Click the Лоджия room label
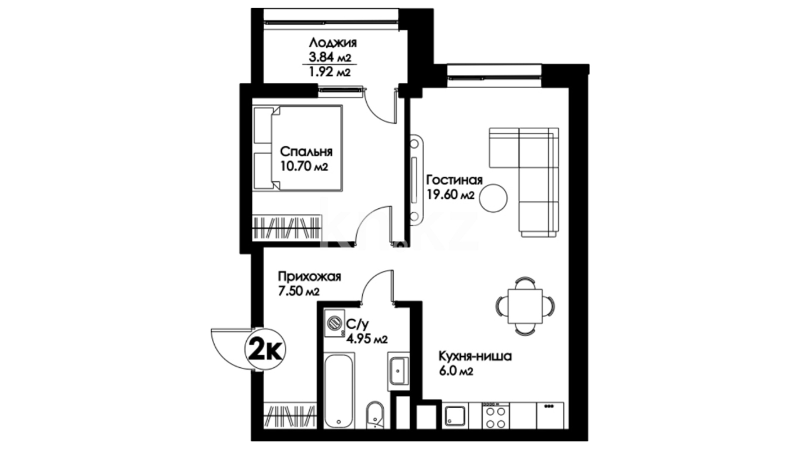click(x=333, y=43)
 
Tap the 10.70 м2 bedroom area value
click(x=304, y=167)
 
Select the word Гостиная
click(x=454, y=180)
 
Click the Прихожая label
click(x=310, y=277)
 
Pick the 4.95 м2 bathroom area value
click(x=367, y=339)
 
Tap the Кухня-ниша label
click(x=475, y=356)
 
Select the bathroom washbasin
click(x=399, y=372)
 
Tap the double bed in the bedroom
click(x=298, y=148)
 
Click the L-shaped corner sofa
click(x=524, y=182)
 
